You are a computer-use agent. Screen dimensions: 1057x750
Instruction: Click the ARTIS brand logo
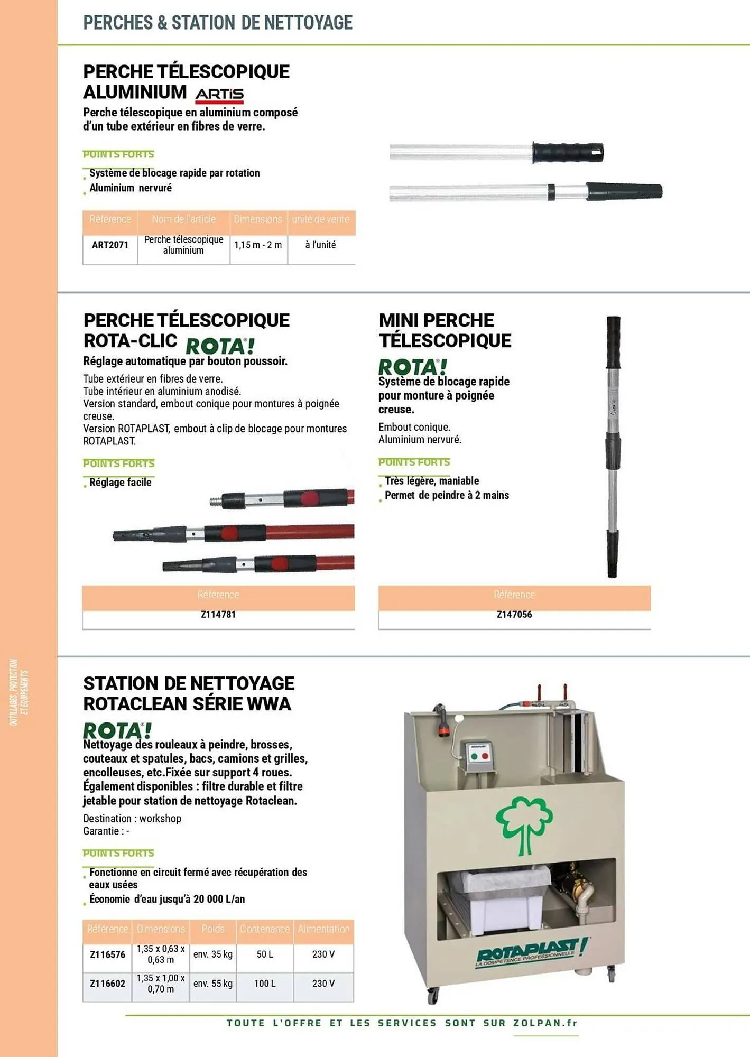(x=219, y=95)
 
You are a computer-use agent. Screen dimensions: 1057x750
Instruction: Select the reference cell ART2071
(x=110, y=245)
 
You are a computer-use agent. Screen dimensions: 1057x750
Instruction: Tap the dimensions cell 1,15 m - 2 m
(x=258, y=245)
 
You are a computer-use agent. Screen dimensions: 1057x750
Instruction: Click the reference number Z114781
(x=218, y=614)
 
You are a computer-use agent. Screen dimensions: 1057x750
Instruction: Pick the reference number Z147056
(x=514, y=614)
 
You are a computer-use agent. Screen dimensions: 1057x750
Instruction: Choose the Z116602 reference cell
(x=107, y=984)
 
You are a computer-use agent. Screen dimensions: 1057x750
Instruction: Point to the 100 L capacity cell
(x=265, y=984)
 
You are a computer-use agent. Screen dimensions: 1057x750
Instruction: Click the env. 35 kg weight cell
(x=212, y=954)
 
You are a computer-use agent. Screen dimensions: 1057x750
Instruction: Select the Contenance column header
(x=265, y=929)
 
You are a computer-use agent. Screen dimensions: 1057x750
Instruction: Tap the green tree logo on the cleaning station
(x=524, y=824)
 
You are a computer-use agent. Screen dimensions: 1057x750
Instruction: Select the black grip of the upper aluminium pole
(x=567, y=152)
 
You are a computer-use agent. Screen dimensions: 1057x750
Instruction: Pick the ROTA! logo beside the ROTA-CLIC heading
(x=220, y=346)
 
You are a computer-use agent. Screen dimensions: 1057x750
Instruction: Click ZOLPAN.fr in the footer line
(x=545, y=1023)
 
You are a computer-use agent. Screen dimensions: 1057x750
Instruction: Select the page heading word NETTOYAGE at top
(x=308, y=23)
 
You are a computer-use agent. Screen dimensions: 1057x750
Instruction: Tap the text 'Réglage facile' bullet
(x=120, y=482)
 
